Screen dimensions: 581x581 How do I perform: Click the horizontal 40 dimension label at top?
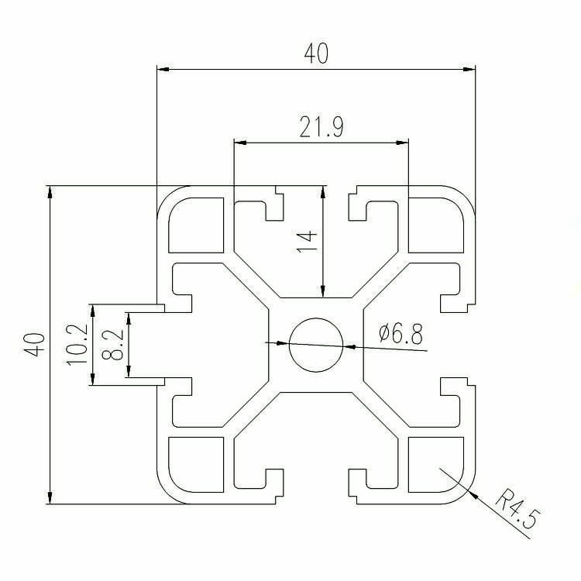coord(316,53)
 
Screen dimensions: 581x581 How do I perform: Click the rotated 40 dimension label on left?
coord(34,345)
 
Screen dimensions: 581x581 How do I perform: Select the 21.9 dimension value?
coord(321,127)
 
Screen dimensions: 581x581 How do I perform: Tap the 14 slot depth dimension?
coord(308,242)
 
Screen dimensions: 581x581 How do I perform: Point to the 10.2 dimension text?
coord(77,345)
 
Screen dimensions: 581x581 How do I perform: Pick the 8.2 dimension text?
coord(112,345)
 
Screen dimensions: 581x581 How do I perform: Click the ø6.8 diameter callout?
coord(401,333)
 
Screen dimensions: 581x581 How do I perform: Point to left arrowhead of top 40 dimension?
coord(163,69)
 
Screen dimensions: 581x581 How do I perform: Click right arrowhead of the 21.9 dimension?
coord(402,143)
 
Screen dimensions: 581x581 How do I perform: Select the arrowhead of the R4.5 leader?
coord(472,494)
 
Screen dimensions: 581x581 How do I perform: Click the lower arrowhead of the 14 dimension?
coord(323,291)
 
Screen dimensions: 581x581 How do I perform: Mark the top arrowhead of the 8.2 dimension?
coord(129,318)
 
